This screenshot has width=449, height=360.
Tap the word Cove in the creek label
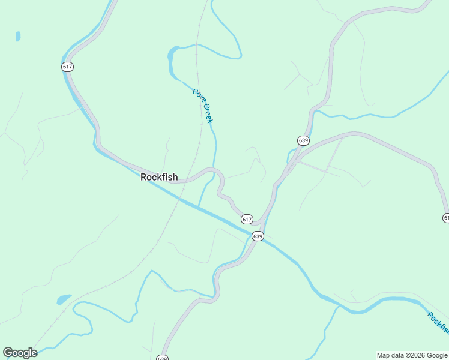[x=197, y=95]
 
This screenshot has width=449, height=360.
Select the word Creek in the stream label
[x=207, y=113]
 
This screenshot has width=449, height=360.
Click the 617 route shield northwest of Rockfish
[x=67, y=67]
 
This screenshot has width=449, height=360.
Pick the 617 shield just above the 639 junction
[x=247, y=219]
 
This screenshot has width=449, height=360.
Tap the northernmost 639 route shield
[x=303, y=140]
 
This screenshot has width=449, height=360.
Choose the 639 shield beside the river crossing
[x=258, y=236]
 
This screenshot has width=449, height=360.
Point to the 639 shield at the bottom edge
[x=162, y=358]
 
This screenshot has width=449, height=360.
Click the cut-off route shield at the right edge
[x=445, y=217]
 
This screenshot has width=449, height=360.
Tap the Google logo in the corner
[x=20, y=353]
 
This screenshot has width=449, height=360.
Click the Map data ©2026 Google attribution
[x=412, y=356]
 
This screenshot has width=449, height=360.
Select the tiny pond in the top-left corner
[x=18, y=37]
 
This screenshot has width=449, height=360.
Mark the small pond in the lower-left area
[x=64, y=299]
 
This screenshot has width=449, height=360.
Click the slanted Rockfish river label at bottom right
[x=439, y=325]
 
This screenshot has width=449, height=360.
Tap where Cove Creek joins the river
[x=198, y=206]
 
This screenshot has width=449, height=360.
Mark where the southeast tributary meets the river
[x=340, y=306]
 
